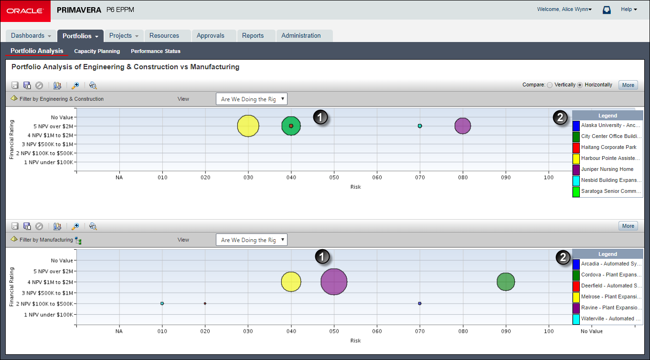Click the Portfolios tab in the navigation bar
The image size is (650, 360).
pyautogui.click(x=80, y=36)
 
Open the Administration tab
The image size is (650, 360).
pyautogui.click(x=301, y=36)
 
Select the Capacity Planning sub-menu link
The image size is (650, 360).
pyautogui.click(x=97, y=51)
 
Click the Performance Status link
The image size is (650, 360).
pyautogui.click(x=156, y=51)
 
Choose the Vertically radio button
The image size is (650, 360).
pyautogui.click(x=550, y=85)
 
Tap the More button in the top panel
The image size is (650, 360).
pyautogui.click(x=628, y=85)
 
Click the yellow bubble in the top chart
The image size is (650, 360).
pyautogui.click(x=248, y=126)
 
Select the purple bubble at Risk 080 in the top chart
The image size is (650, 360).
pyautogui.click(x=463, y=126)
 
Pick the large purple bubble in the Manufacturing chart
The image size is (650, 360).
pyautogui.click(x=334, y=282)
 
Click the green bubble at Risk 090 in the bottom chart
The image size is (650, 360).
pyautogui.click(x=506, y=282)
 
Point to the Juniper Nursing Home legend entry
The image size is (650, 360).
pyautogui.click(x=607, y=169)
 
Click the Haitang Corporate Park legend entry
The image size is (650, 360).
pyautogui.click(x=608, y=148)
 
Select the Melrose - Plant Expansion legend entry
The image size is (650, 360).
pyautogui.click(x=610, y=297)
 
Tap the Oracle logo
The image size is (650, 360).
pyautogui.click(x=25, y=11)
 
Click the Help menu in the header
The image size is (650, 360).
pyautogui.click(x=629, y=9)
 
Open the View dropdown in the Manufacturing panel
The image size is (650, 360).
pyautogui.click(x=252, y=240)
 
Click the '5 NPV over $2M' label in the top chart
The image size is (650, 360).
pyautogui.click(x=53, y=126)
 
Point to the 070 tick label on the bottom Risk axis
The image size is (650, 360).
pyautogui.click(x=420, y=331)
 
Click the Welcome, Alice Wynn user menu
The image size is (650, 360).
pyautogui.click(x=565, y=9)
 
